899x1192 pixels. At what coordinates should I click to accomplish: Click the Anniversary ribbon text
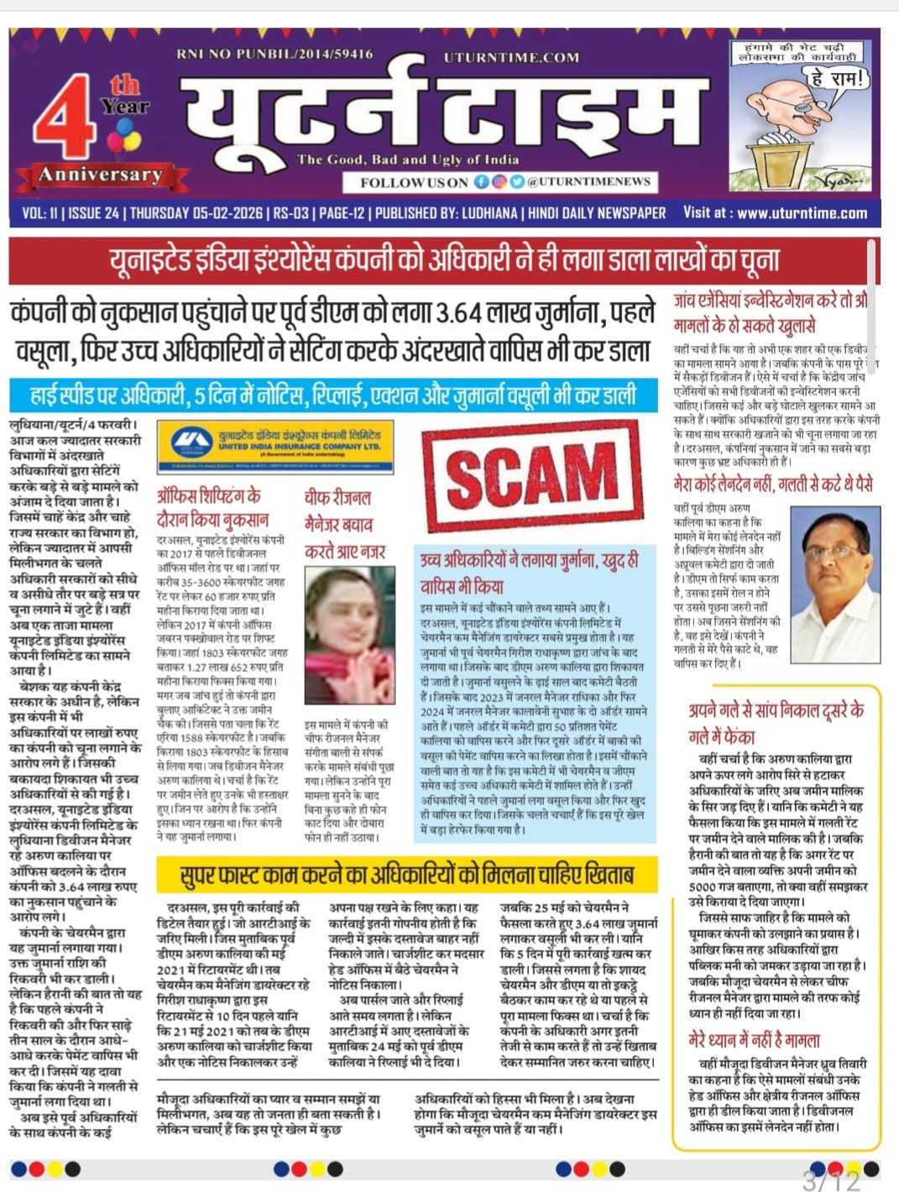pyautogui.click(x=100, y=175)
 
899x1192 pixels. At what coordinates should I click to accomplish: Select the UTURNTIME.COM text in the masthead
pyautogui.click(x=511, y=57)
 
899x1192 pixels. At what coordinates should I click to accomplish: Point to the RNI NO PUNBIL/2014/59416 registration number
pyautogui.click(x=274, y=54)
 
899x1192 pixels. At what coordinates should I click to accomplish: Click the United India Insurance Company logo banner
pyautogui.click(x=278, y=441)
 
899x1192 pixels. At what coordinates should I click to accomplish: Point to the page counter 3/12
pyautogui.click(x=831, y=1180)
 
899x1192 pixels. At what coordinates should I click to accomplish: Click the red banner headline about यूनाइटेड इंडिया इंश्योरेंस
pyautogui.click(x=444, y=261)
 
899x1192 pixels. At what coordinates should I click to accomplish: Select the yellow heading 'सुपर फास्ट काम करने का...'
pyautogui.click(x=407, y=875)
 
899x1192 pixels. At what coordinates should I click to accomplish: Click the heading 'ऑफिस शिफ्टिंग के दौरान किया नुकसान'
pyautogui.click(x=212, y=508)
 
